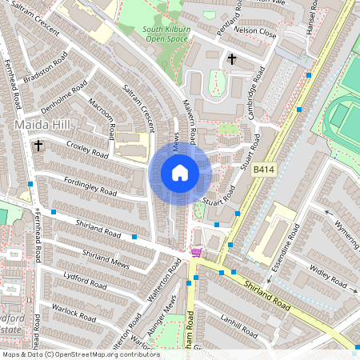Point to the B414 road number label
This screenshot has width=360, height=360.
(x=264, y=170)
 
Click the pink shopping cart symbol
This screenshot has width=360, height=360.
(x=196, y=254)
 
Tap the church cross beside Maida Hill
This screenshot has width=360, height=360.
(x=38, y=146)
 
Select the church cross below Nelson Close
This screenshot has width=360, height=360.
(x=232, y=59)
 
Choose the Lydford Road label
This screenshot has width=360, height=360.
(x=84, y=282)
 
